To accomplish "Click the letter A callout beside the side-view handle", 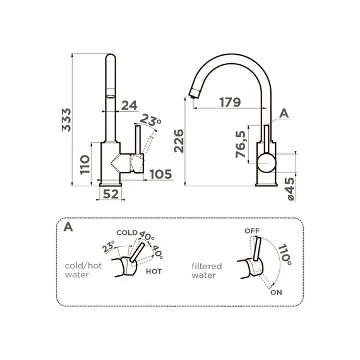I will pos(284,114).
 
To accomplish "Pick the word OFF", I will pos(251,231).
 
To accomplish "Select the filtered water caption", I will pos(206,270).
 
